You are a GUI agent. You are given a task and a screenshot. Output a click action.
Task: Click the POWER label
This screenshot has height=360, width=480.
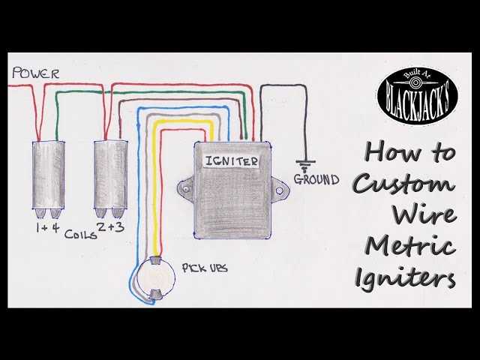35,73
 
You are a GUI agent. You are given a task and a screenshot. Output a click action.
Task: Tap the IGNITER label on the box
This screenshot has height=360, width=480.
232,161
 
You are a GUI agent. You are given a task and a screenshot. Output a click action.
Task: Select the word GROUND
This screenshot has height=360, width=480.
316,179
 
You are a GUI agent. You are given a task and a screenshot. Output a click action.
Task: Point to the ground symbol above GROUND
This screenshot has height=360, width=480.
305,163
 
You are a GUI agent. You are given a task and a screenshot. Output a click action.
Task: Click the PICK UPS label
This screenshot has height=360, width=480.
205,268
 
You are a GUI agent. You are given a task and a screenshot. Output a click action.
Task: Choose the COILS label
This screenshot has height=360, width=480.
80,235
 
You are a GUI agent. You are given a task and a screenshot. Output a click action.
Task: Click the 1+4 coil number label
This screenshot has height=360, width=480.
47,228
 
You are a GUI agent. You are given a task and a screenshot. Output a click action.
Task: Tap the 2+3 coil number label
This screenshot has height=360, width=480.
110,226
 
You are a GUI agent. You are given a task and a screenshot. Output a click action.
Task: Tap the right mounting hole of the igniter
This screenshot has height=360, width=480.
279,190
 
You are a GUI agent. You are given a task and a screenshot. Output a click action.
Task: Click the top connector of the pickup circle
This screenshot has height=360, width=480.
156,260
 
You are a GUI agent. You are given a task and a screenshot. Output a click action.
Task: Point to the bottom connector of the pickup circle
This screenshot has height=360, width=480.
156,295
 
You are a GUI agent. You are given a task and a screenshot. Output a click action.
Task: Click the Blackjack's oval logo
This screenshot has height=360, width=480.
418,95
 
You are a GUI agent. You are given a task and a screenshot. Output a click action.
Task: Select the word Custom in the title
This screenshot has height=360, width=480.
402,184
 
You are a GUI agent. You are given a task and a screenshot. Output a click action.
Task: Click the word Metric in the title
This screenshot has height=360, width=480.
410,247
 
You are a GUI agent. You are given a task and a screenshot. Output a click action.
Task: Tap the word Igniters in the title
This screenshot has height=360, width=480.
405,279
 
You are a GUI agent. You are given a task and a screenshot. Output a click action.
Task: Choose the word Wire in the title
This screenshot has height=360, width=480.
424,215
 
